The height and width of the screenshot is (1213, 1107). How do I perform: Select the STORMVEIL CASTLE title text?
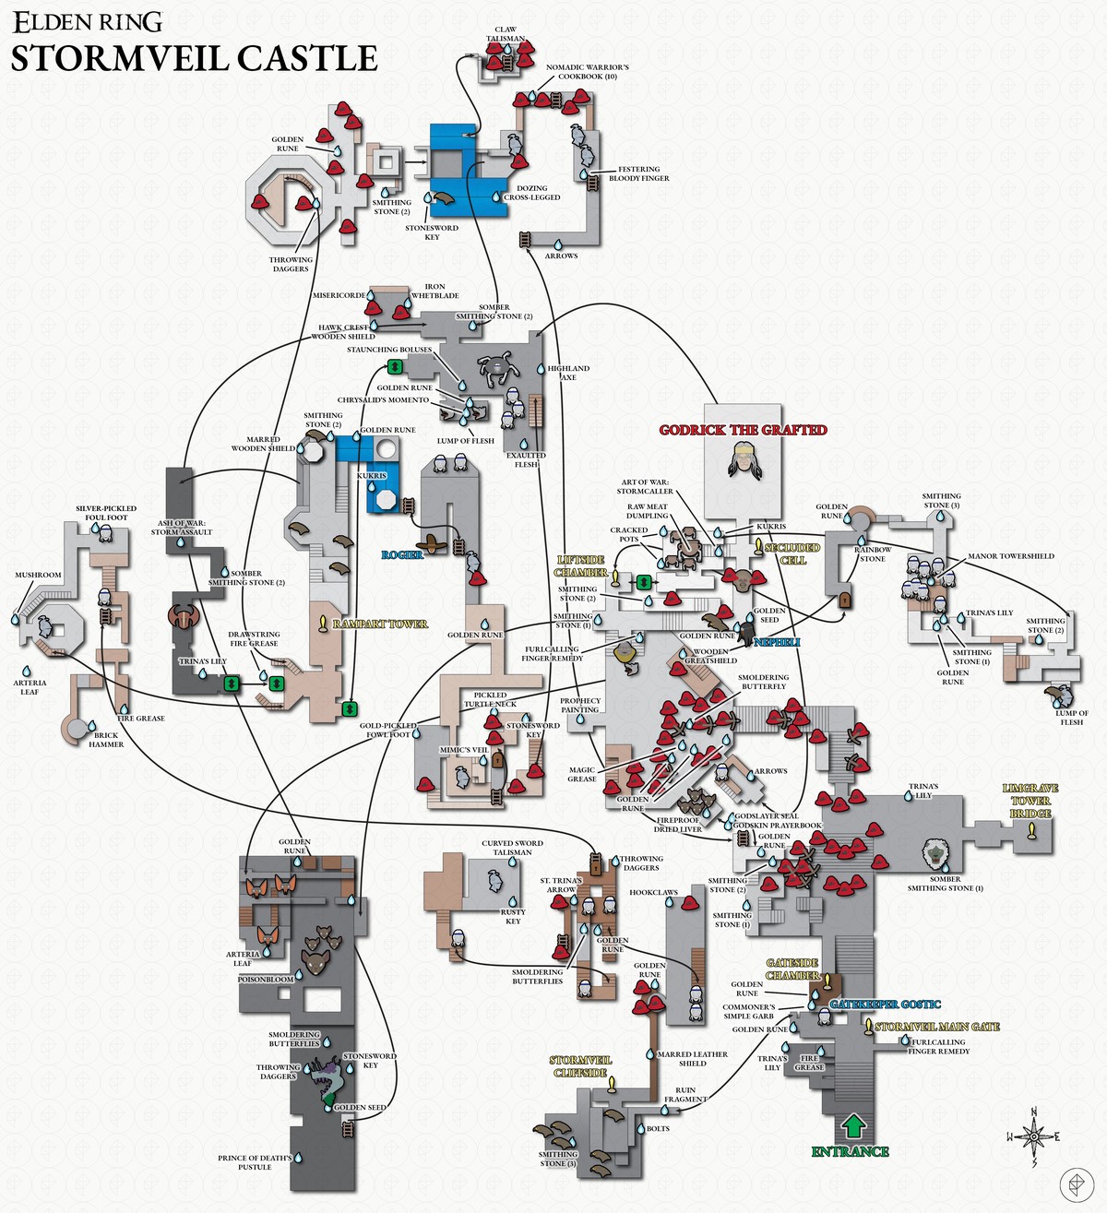[x=194, y=58]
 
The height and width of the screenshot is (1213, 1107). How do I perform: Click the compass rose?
[x=1034, y=1136]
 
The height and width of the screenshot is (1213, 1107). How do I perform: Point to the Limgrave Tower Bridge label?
[x=1030, y=801]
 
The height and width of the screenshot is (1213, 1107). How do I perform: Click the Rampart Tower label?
[x=380, y=624]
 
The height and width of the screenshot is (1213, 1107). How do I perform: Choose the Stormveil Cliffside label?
[x=581, y=1066]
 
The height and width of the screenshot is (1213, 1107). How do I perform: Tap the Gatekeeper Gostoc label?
[x=885, y=1004]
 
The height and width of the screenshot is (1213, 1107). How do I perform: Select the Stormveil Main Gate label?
[x=936, y=1027]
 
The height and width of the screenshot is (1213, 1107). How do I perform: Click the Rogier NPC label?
[x=402, y=554]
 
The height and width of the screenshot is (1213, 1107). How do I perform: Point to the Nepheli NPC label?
[x=777, y=642]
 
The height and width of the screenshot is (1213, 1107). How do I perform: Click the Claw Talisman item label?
[x=506, y=34]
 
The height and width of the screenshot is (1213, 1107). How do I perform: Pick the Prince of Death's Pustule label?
[x=255, y=1162]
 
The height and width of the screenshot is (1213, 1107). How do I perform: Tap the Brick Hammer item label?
[x=106, y=740]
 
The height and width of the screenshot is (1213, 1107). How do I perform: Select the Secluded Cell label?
[x=792, y=553]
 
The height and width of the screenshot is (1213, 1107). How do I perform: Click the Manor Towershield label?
[x=1010, y=556]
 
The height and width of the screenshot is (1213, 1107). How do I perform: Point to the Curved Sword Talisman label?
[x=512, y=848]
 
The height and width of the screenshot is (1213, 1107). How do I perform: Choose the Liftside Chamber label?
[x=580, y=566]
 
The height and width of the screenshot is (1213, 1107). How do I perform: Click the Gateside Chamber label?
[x=792, y=969]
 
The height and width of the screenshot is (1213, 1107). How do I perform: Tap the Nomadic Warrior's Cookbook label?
[x=588, y=72]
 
